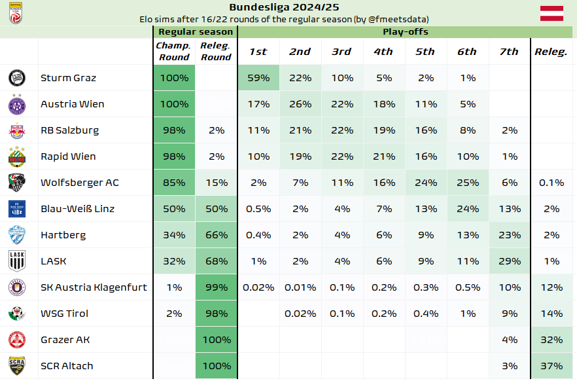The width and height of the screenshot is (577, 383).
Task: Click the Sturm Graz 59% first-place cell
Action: [x=258, y=78]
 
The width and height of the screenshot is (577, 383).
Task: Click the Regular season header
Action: [x=195, y=31]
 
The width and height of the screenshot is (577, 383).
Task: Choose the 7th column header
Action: [x=508, y=52]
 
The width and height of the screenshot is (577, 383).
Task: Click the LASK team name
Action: [x=54, y=261]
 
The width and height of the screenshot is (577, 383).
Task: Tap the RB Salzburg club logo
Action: [x=16, y=130]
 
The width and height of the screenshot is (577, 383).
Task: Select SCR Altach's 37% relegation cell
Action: [x=551, y=366]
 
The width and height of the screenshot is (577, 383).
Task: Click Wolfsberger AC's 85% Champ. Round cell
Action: [x=174, y=183]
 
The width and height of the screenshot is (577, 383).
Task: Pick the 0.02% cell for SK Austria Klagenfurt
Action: [x=258, y=287]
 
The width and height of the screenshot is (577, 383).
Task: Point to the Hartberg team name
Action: [x=63, y=235]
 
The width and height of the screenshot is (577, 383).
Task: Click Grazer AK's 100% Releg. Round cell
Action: [x=216, y=340]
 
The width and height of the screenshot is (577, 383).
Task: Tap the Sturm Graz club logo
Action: [x=16, y=78]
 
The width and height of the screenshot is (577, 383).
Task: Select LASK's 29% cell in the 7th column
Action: [x=508, y=261]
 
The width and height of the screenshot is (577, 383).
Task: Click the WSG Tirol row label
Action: [x=64, y=314]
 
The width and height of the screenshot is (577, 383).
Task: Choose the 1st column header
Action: [x=258, y=52]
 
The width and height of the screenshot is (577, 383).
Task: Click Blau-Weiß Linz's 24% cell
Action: [x=467, y=209]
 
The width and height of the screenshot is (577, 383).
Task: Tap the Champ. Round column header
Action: [x=174, y=51]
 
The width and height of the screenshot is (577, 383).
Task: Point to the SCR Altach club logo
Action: [x=16, y=366]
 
